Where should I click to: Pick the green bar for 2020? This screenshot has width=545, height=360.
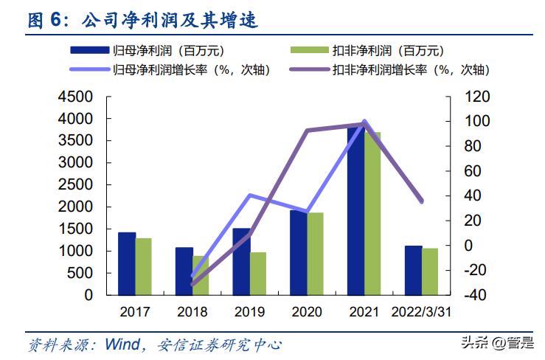pyautogui.click(x=315, y=254)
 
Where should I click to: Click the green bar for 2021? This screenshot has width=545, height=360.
pyautogui.click(x=372, y=213)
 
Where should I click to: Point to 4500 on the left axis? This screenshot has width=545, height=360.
pyautogui.click(x=75, y=97)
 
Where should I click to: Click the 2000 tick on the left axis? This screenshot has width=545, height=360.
pyautogui.click(x=75, y=207)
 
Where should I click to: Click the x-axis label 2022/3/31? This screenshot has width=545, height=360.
pyautogui.click(x=422, y=311)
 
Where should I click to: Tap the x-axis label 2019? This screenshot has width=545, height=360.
pyautogui.click(x=249, y=311)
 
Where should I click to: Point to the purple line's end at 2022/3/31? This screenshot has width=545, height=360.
pyautogui.click(x=422, y=201)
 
